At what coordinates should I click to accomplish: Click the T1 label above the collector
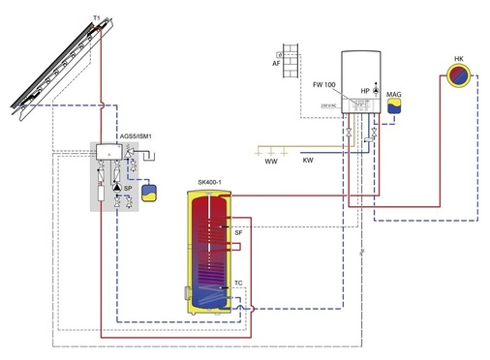point(94,18)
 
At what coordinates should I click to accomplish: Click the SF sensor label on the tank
point(238,232)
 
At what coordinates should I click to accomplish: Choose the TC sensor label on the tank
point(238,284)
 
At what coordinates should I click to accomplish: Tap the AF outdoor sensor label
point(275,64)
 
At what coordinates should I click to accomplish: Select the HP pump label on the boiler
point(365,90)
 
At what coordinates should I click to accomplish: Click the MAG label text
point(393,95)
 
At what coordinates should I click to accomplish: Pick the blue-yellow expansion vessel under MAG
point(393,106)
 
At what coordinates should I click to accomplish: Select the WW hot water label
point(270,161)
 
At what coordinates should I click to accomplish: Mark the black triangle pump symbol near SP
point(117,185)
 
